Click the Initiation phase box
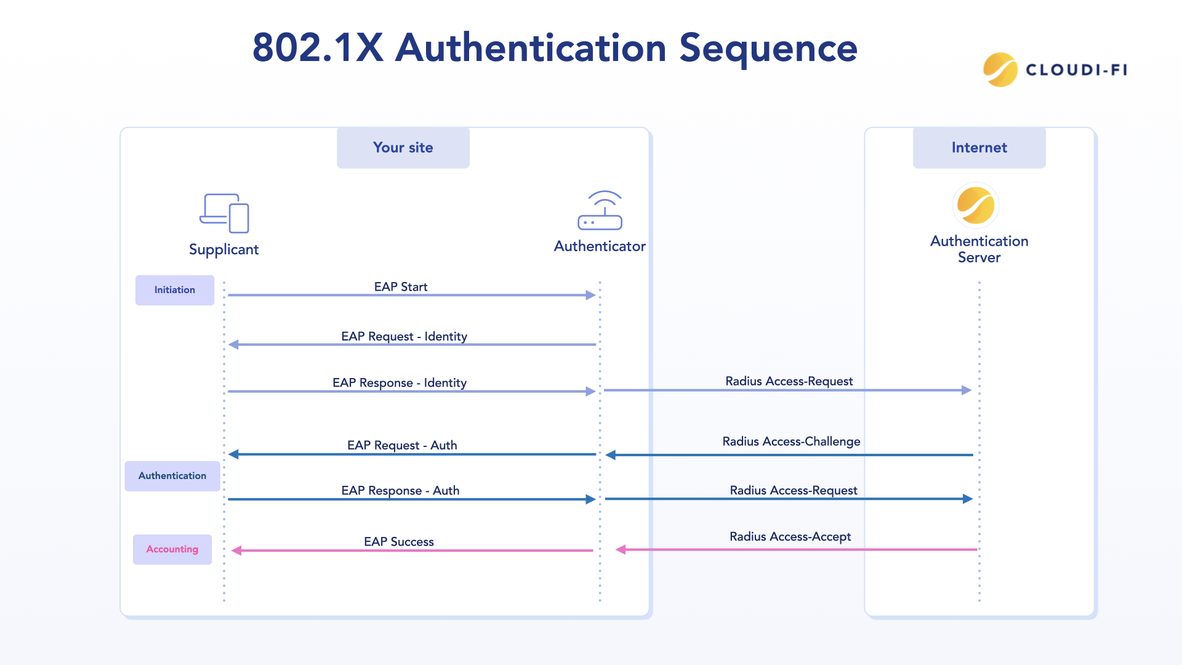174,290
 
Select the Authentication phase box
172,476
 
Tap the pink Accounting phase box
172,549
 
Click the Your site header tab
403,148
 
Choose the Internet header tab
979,148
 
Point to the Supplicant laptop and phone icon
224,213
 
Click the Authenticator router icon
600,211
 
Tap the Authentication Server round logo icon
976,206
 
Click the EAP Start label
401,287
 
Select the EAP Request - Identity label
404,336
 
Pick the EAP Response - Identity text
400,383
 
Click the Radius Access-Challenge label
791,441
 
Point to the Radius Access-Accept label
790,536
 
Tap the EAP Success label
398,542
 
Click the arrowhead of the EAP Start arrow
591,296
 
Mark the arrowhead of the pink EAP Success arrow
236,550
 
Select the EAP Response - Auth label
400,491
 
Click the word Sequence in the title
768,48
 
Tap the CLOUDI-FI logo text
1076,70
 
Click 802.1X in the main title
318,48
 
